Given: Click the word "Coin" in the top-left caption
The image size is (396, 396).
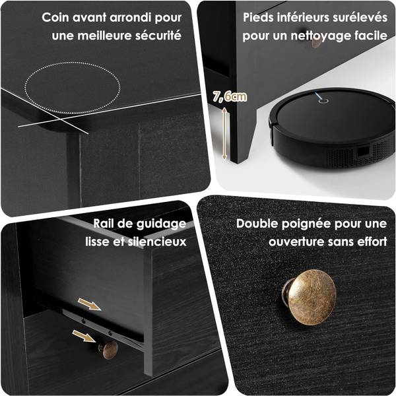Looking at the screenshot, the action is point(55,17).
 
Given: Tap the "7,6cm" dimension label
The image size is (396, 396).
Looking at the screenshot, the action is point(230,97).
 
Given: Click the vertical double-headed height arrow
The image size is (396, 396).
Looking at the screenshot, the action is point(224,133).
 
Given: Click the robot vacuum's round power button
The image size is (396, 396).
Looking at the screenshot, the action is point(323,101).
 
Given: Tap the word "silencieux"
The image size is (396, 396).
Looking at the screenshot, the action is point(157,242).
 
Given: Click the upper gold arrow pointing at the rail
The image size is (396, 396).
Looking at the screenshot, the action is point(90,304).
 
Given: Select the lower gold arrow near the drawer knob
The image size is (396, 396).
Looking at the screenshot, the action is point(84,336).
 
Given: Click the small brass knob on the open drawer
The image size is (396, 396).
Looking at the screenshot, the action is point(108,350).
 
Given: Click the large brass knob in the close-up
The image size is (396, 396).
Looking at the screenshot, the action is point(310,297).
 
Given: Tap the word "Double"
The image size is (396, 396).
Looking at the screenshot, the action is point(257,224).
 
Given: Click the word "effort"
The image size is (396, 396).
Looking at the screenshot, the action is point(372,242).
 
